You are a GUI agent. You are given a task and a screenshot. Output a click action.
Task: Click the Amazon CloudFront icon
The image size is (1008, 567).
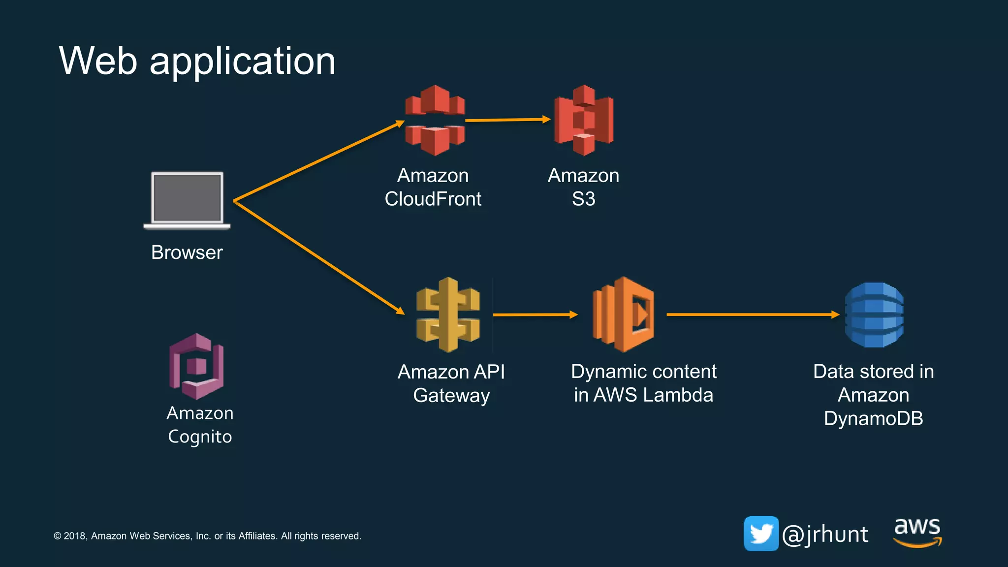coord(435,120)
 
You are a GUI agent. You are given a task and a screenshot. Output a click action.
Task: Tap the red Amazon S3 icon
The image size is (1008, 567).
coord(584,120)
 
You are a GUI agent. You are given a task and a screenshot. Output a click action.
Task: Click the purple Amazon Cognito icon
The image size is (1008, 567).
coord(196,366)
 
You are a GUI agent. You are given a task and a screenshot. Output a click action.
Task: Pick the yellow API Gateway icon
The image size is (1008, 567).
coord(448,315)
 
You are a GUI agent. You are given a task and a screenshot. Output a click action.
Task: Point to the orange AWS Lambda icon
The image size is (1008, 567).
coord(624,315)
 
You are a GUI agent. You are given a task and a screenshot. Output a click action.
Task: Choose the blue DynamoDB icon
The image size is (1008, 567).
coord(874,315)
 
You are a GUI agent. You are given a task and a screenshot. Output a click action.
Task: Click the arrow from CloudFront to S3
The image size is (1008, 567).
coord(507,120)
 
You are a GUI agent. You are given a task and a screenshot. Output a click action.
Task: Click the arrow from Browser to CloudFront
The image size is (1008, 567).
coord(318,161)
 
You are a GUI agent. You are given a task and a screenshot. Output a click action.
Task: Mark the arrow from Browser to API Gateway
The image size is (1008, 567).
coord(318,256)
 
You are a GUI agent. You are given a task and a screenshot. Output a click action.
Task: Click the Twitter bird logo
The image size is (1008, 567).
coord(761,534)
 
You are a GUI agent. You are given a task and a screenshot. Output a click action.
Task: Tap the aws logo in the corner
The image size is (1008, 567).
coord(917,532)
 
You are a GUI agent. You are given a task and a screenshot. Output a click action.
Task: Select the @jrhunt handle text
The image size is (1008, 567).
coord(825,535)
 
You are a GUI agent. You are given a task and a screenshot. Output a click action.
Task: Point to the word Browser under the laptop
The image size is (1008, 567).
coord(187,252)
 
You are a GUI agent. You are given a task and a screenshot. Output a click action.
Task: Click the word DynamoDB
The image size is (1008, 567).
coord(873,418)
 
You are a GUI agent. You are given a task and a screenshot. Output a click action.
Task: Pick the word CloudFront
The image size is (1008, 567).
coord(433,199)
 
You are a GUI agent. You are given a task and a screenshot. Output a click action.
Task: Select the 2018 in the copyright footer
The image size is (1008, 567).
coord(75,536)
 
